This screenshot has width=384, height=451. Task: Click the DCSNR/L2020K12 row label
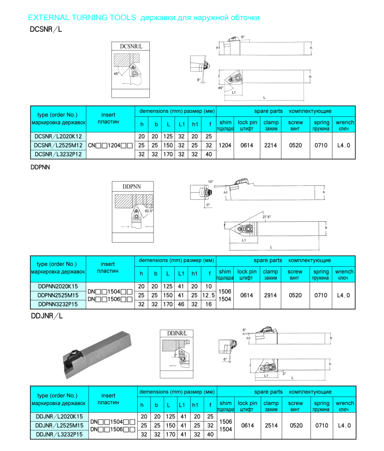[x=59, y=136]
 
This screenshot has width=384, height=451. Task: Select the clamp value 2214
[x=271, y=145]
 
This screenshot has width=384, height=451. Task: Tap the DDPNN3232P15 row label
[x=59, y=304]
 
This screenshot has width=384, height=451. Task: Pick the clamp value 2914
[x=271, y=295]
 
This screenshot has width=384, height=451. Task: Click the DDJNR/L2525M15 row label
[x=59, y=426]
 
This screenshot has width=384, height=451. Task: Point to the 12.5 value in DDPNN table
[x=209, y=295]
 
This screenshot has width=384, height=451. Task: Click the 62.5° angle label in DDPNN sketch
[x=149, y=211]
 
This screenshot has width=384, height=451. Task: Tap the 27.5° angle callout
[x=267, y=217]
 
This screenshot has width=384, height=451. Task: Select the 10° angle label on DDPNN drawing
[x=210, y=182]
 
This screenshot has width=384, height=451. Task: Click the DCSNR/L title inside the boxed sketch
[x=131, y=47]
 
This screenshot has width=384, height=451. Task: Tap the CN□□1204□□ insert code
[x=111, y=145]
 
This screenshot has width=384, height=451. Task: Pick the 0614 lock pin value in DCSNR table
[x=246, y=145]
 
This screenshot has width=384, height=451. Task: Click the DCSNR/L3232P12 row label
[x=59, y=154]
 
